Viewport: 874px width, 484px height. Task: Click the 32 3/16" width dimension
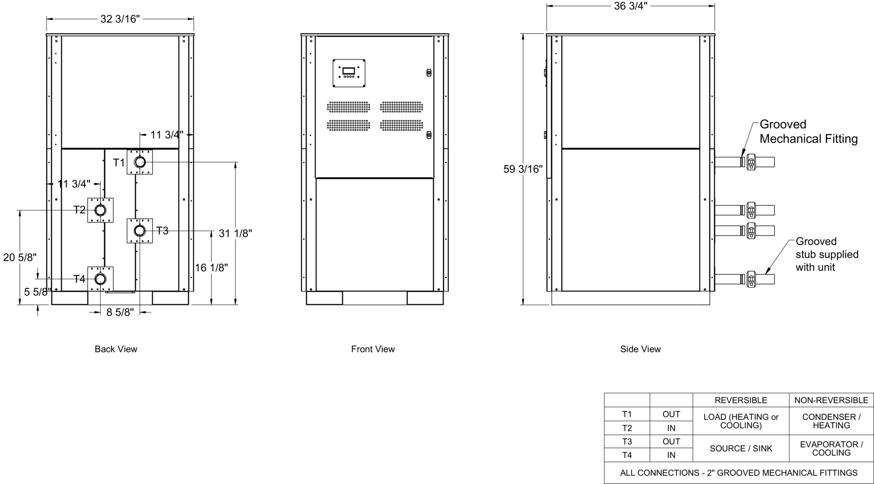(120, 19)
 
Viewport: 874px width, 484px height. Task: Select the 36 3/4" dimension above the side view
(631, 6)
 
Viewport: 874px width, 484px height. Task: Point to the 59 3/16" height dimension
(523, 169)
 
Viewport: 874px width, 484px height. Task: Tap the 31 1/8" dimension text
(235, 233)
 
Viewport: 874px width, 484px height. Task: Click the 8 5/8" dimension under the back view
(120, 312)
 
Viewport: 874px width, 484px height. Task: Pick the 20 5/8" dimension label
(20, 257)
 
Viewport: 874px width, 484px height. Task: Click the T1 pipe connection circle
(140, 162)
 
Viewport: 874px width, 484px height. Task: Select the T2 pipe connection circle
(100, 210)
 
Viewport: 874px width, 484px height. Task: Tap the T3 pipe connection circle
(140, 231)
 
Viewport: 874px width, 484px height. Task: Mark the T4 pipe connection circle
(100, 279)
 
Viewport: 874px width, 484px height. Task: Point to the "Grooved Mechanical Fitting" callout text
(808, 132)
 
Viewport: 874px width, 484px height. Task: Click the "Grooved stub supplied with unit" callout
(827, 254)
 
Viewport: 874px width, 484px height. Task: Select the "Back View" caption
(116, 349)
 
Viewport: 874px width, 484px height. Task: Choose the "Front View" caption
(373, 349)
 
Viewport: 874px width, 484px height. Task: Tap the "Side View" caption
(640, 349)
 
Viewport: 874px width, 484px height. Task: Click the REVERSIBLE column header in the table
(741, 400)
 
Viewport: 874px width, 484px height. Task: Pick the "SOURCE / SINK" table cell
(741, 449)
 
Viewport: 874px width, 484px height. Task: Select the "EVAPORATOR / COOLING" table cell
(831, 449)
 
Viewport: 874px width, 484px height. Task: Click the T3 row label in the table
(627, 441)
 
